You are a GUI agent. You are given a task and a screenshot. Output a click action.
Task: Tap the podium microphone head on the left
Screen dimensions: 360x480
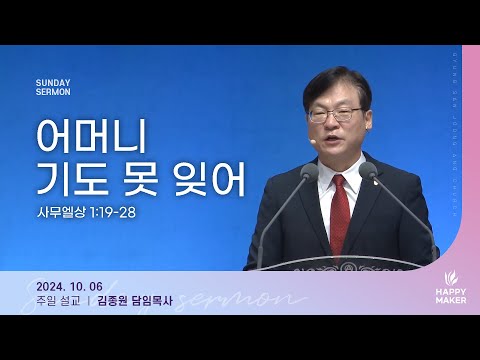click(x=307, y=172)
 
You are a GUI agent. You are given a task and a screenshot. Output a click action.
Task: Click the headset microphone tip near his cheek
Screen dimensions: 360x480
click(x=312, y=142)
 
